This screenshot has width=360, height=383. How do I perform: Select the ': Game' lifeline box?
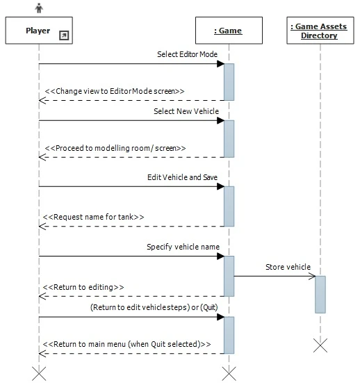229,31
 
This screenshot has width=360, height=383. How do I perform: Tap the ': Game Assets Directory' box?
319,31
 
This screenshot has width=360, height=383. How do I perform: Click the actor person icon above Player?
39,9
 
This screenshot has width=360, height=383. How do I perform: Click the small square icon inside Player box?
64,35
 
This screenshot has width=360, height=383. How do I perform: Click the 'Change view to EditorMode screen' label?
115,91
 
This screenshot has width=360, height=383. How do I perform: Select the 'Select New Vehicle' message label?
186,111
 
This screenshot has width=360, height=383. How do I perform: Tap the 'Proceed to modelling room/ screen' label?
115,148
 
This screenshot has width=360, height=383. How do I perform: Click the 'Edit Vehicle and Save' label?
182,177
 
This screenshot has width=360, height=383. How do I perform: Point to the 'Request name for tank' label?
95,217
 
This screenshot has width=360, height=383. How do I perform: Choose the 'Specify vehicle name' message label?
183,247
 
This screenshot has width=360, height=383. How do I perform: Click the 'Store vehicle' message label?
288,267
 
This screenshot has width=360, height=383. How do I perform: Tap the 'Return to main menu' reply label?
128,343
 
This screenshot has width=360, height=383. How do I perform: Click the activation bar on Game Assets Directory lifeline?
320,294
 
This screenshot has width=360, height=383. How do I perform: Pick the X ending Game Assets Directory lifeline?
320,345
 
